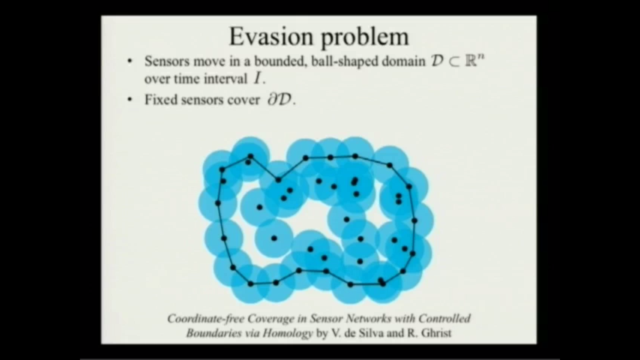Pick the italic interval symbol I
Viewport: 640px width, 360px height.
tap(257, 79)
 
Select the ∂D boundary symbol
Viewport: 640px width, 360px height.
tap(280, 100)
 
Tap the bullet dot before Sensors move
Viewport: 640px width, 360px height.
tap(130, 61)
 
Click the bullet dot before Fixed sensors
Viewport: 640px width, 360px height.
tap(130, 100)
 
